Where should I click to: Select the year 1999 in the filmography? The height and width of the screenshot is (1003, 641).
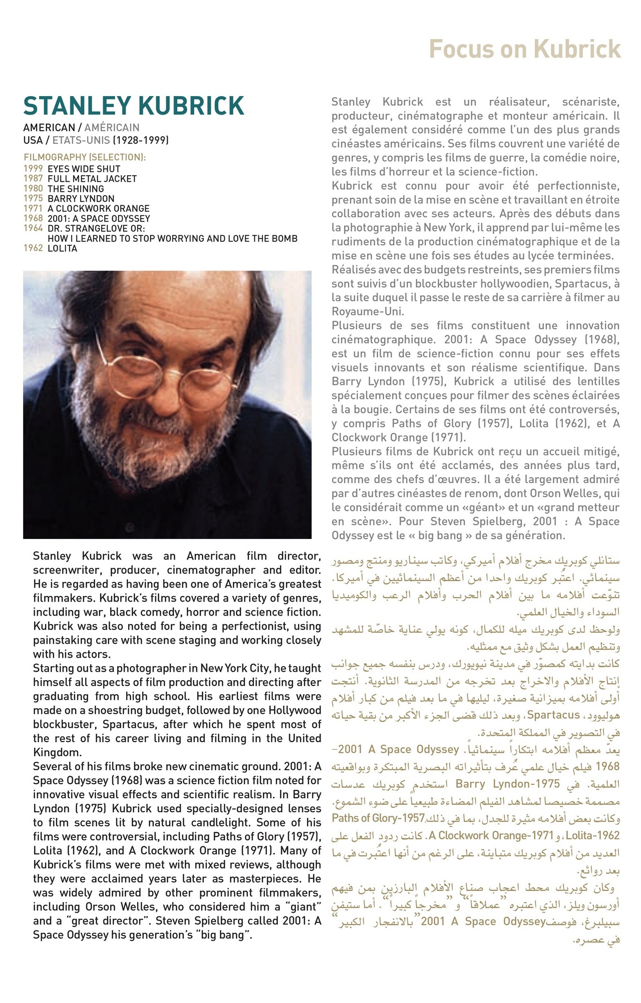pyautogui.click(x=33, y=169)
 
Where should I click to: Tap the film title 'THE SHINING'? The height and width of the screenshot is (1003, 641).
pyautogui.click(x=76, y=189)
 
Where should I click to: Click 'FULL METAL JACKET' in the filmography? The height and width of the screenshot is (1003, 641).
pyautogui.click(x=92, y=179)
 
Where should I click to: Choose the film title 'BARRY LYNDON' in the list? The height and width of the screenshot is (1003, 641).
pyautogui.click(x=81, y=199)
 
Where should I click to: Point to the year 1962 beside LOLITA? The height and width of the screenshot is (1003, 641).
pyautogui.click(x=33, y=248)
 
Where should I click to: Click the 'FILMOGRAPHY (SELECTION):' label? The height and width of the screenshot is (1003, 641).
pyautogui.click(x=85, y=157)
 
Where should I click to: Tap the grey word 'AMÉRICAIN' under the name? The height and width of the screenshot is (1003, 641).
pyautogui.click(x=112, y=128)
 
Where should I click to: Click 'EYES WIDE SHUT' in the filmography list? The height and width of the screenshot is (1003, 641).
pyautogui.click(x=84, y=169)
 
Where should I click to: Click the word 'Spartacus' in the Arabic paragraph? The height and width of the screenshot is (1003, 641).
pyautogui.click(x=553, y=715)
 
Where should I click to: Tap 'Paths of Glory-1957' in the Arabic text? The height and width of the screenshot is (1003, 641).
pyautogui.click(x=378, y=818)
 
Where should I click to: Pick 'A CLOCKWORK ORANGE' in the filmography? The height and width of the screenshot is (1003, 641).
pyautogui.click(x=99, y=209)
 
